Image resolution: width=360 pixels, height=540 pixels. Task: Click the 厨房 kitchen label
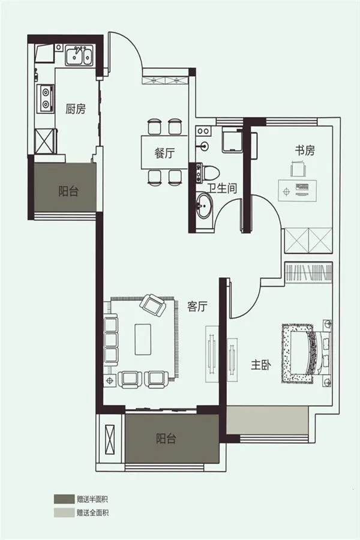[76, 109]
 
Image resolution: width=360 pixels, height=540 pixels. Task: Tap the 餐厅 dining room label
[164, 153]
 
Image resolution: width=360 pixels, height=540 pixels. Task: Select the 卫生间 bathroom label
[223, 188]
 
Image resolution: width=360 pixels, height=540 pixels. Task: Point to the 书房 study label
[305, 151]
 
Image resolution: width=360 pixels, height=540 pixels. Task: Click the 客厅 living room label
[197, 306]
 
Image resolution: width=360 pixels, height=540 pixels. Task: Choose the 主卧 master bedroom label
[261, 365]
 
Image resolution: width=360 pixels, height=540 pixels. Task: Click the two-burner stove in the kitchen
[46, 98]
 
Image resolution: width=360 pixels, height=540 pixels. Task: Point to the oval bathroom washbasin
[205, 206]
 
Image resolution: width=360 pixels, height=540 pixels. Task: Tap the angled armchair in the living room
[152, 305]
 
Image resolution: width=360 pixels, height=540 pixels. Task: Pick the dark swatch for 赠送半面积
[64, 499]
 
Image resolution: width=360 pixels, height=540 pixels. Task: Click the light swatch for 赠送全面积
[64, 512]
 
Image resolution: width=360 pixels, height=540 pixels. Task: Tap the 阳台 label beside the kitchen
[68, 191]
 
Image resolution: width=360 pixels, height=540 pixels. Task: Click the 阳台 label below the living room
[166, 439]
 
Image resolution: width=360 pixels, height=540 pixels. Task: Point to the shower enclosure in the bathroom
[232, 139]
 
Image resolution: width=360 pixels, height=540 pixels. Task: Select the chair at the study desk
[298, 169]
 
